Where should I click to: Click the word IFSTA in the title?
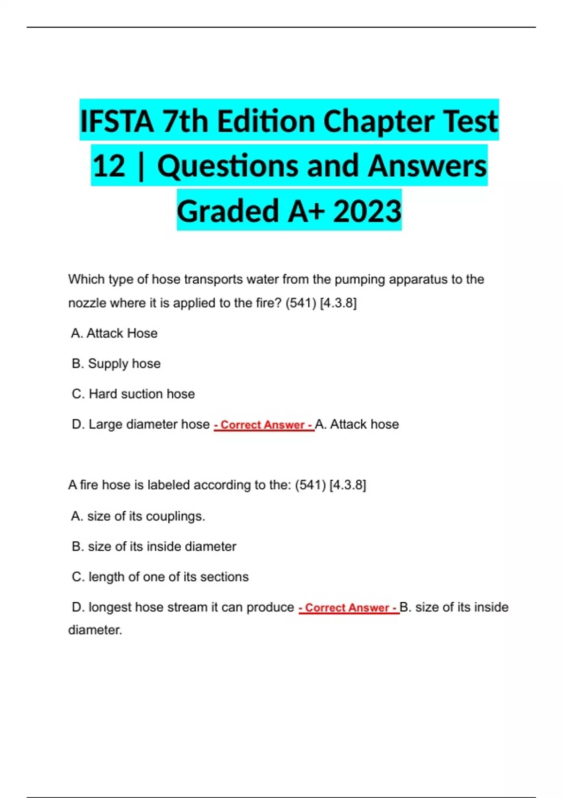117,122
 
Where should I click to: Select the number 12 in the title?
109,166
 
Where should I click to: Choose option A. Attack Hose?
114,333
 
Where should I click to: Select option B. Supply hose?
116,364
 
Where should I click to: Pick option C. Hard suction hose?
133,394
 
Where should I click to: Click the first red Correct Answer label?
264,425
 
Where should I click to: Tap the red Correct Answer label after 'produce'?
349,608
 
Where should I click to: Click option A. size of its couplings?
138,516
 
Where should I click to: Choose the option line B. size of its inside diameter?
154,546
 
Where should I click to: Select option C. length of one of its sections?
160,577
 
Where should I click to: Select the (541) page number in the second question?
310,485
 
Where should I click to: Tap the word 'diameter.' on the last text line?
95,630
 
